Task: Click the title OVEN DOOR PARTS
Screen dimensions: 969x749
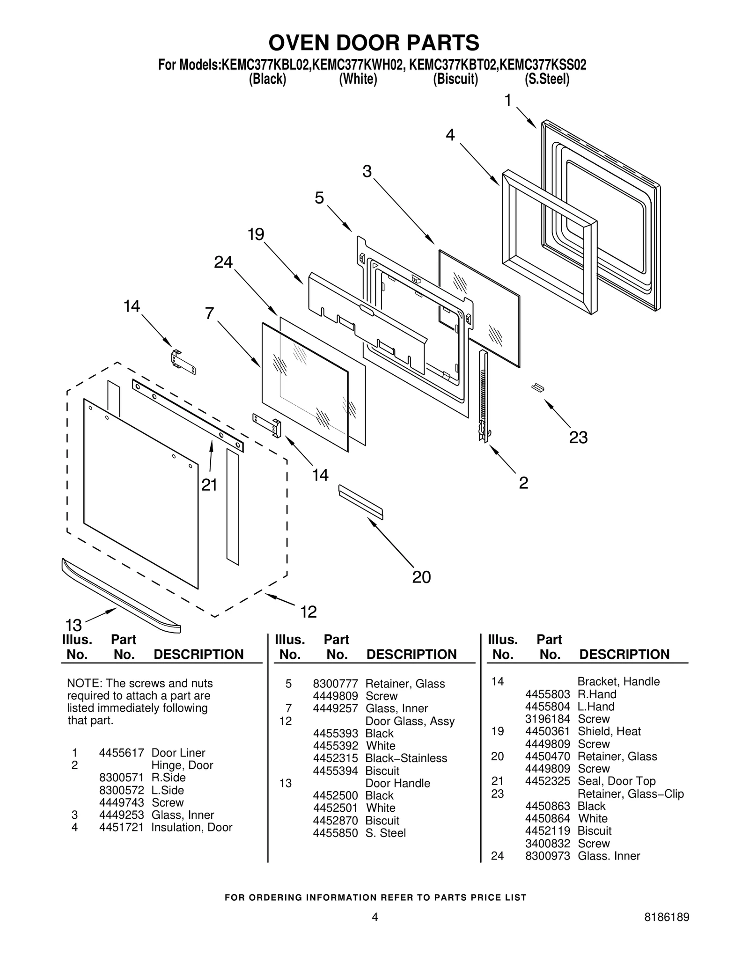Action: [x=374, y=43]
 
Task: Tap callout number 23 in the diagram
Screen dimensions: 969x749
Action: [x=578, y=437]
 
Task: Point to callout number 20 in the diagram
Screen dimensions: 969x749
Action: [x=421, y=577]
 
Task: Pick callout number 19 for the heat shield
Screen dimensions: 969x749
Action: [x=256, y=234]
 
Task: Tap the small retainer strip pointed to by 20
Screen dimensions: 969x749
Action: [x=360, y=502]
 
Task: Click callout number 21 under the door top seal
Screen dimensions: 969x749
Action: [x=209, y=485]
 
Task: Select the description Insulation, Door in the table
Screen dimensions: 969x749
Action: [x=191, y=827]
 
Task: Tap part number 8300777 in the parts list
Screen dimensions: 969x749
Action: [x=335, y=684]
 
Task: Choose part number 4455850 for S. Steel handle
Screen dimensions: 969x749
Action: [x=335, y=833]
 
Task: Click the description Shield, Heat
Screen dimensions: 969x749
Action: [x=609, y=731]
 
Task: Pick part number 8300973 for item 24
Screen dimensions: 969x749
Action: [x=547, y=856]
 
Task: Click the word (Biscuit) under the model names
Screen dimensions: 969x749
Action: [x=455, y=79]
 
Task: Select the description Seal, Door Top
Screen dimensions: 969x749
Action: [x=616, y=781]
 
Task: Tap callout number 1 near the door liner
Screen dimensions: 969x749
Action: [x=508, y=100]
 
